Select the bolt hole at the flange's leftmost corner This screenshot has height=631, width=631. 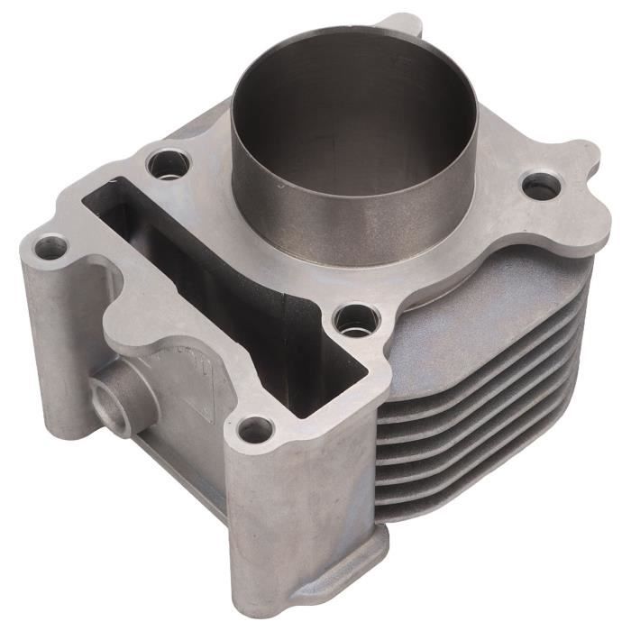point(50,245)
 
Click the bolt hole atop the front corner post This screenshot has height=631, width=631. point(256,429)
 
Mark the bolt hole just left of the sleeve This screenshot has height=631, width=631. point(169,164)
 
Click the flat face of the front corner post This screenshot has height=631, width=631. point(297,514)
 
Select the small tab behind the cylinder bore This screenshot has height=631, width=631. point(401,23)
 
